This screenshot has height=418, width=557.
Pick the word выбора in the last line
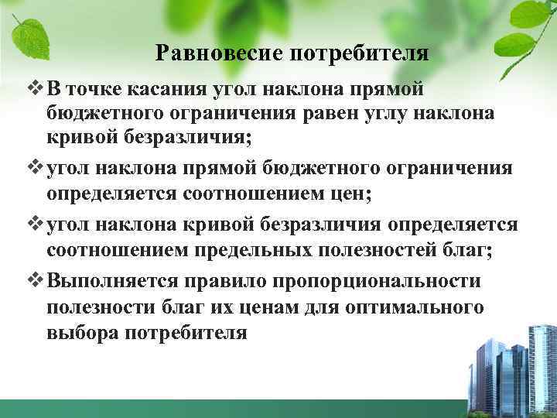point(80,334)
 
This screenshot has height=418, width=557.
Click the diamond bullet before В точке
point(30,87)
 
